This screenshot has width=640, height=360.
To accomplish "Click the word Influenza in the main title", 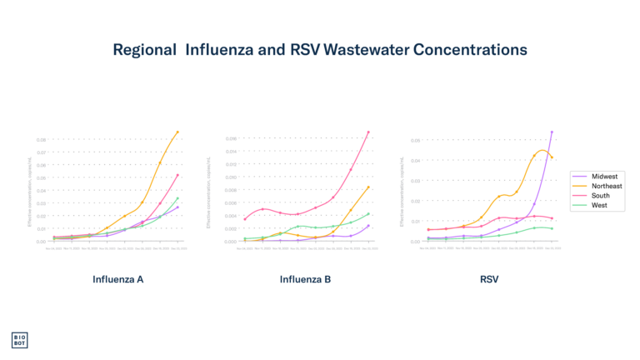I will pos(216,50).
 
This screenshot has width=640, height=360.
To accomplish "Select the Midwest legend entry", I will pos(604,177).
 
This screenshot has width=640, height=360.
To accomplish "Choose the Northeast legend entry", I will pos(606,186).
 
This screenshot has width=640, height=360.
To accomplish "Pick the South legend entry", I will pos(600,196).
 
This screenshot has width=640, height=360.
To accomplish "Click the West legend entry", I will pos(599,205).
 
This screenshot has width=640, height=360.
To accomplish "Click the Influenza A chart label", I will pos(117,279).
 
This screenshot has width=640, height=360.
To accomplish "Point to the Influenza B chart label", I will pos(305,279).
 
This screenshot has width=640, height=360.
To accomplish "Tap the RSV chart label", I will pos(489,279).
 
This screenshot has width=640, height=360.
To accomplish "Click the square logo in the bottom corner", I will pos(19,340).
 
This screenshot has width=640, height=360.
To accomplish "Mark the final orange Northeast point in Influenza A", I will pos(177,132).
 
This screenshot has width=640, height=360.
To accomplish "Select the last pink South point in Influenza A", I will pos(178,175).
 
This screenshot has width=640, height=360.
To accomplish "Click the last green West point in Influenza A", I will pos(178,198).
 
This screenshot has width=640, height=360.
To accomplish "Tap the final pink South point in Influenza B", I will pos(368,132).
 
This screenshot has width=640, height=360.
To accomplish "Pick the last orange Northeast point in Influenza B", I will pos(368,187).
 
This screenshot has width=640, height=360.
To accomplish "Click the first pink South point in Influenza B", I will pos(244,219).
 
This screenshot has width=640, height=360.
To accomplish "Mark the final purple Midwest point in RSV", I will pos(552,132).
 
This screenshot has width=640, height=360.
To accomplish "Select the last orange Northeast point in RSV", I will pos(552,157).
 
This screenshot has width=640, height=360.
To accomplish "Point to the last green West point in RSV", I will pos(552,228).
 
